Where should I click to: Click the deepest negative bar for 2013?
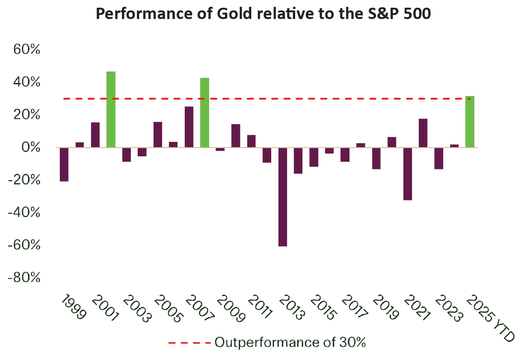[282, 197]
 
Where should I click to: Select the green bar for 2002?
[111, 110]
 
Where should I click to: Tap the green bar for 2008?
[205, 113]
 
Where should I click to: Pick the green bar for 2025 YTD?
[470, 122]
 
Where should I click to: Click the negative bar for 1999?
[64, 164]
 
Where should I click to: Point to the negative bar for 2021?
[407, 173]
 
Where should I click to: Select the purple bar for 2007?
[189, 127]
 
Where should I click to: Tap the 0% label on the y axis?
[31, 148]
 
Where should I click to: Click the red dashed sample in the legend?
[189, 343]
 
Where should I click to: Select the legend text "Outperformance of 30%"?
[290, 343]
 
